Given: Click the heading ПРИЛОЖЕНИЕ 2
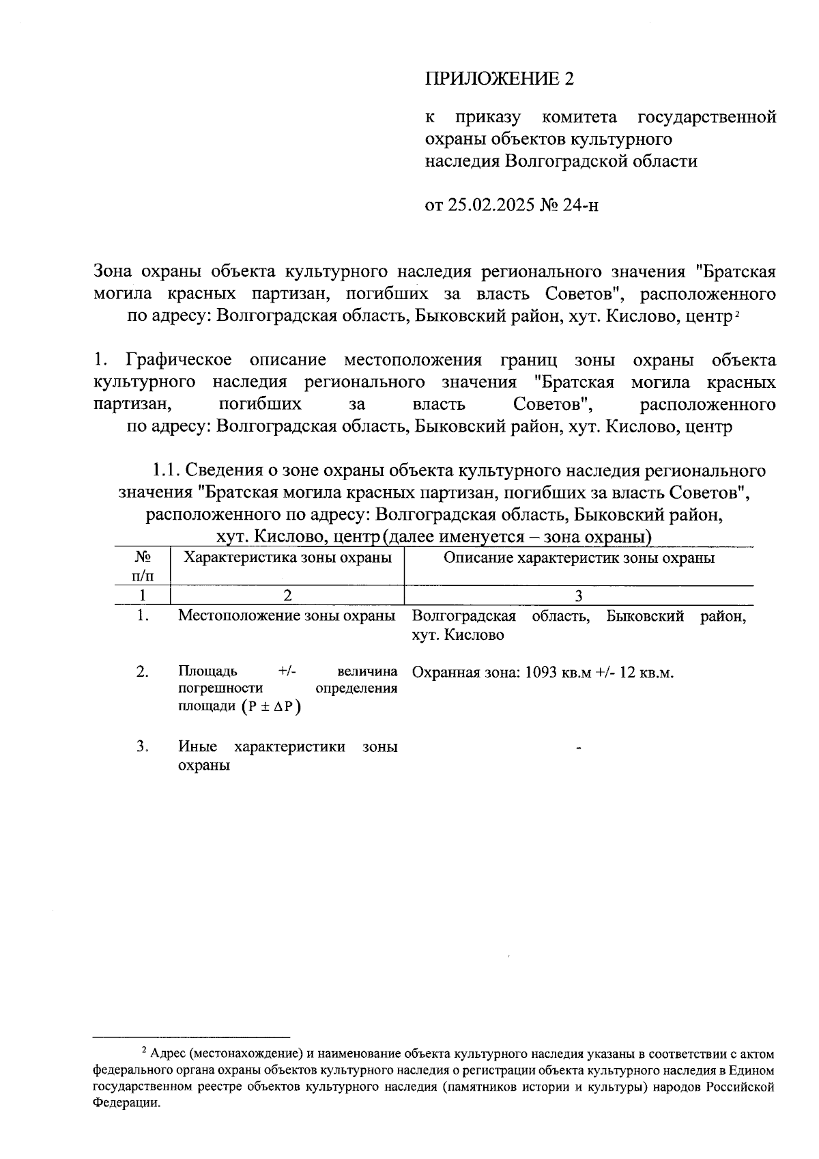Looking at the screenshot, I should point(500,79).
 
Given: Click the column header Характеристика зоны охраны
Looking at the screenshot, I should point(288,558).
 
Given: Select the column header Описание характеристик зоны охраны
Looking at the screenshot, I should point(579,558).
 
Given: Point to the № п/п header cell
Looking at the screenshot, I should point(143,566).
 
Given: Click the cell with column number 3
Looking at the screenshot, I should point(579,596).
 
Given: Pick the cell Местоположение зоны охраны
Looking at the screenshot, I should point(287,616).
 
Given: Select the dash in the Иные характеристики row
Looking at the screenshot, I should point(579,750).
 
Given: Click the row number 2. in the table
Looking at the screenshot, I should point(143,672).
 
